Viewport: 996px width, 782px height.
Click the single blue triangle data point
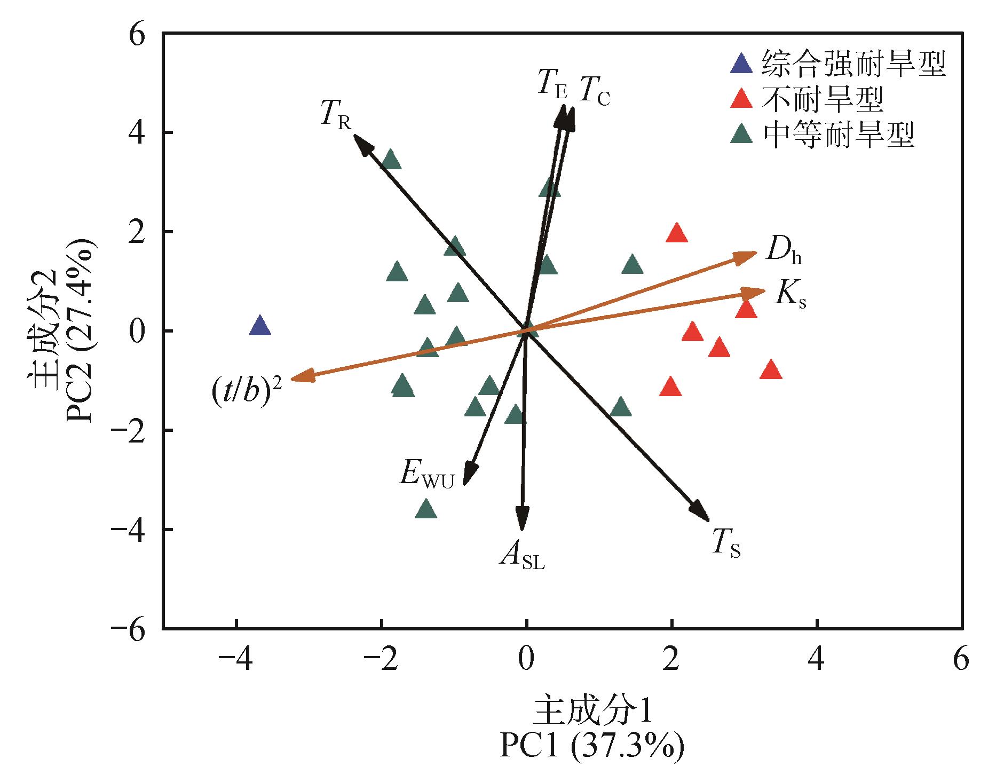click(260, 326)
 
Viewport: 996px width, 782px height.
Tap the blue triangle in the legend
click(741, 64)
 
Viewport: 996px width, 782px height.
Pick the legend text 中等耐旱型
click(839, 135)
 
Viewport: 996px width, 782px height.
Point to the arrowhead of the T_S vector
click(703, 515)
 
